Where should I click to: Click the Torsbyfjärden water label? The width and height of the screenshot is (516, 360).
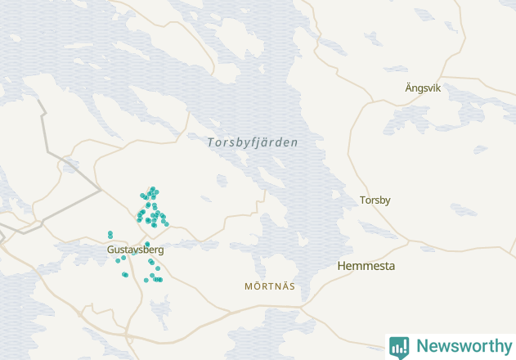tap(253, 142)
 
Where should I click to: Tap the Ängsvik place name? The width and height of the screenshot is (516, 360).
tap(423, 88)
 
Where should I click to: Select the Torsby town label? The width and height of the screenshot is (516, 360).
tap(375, 200)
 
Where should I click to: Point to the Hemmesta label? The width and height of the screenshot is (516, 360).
tap(366, 266)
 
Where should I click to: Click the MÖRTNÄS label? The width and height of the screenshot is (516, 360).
tap(270, 286)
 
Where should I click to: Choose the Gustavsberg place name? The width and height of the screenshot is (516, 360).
tap(136, 250)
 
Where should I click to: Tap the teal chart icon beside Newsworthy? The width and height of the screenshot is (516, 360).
tap(399, 347)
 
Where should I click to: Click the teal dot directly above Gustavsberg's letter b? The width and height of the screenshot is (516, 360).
tap(147, 244)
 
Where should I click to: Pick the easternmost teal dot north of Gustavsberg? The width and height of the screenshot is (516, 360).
tap(167, 223)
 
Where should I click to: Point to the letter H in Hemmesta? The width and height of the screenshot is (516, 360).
tap(342, 266)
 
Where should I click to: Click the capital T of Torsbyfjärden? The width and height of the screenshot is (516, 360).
tap(210, 142)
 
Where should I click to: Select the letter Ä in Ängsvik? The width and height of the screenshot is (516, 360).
tap(409, 88)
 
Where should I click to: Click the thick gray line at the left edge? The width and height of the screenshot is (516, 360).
tap(43, 123)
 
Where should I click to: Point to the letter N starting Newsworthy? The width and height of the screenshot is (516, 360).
tap(422, 346)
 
